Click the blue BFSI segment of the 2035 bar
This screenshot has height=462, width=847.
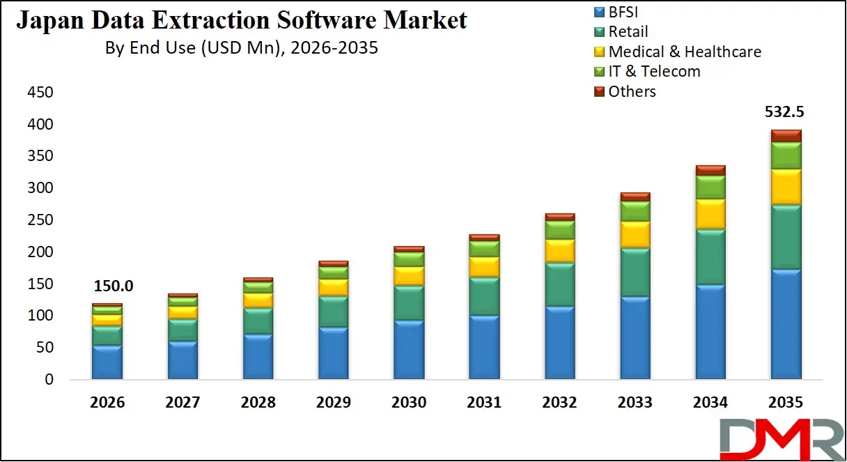click(x=786, y=324)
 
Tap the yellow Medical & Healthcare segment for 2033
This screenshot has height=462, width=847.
click(x=635, y=234)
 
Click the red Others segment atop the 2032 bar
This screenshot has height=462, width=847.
click(x=560, y=217)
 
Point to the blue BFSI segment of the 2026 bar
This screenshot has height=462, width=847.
click(x=107, y=362)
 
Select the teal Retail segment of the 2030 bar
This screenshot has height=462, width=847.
click(x=409, y=302)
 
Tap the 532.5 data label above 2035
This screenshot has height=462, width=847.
click(x=786, y=112)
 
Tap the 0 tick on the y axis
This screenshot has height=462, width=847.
click(x=48, y=380)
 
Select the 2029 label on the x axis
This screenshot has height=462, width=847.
click(x=334, y=403)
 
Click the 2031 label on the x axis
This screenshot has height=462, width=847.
click(x=484, y=403)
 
